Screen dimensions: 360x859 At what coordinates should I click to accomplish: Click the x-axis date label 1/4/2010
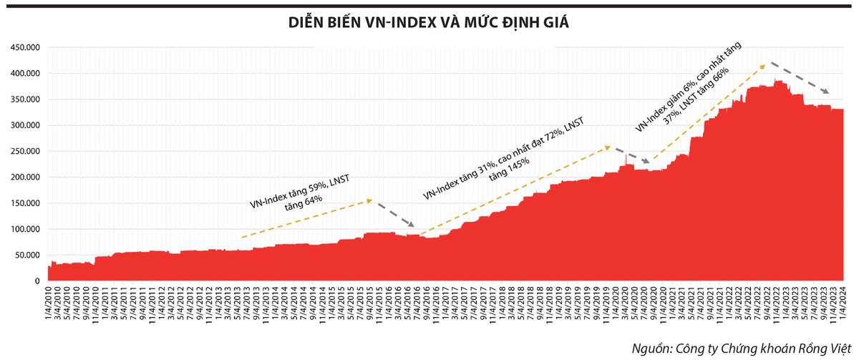49,306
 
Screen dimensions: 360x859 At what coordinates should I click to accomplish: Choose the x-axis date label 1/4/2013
219,306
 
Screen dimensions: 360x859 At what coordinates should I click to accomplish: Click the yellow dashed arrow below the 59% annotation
307,218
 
